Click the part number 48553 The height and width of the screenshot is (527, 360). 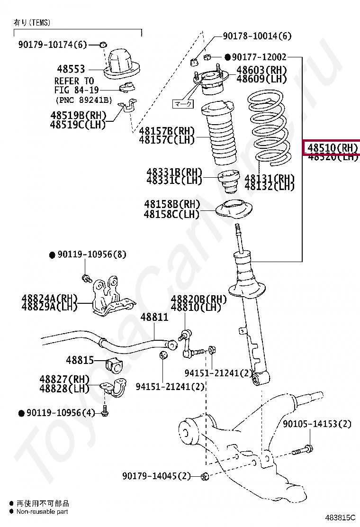pos(71,69)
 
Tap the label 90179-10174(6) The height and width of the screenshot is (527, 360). pos(53,45)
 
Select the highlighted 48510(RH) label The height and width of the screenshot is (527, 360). pos(332,147)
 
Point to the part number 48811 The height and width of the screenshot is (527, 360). pos(154,317)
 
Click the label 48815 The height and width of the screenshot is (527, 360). pos(80,360)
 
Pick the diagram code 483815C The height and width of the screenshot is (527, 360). pos(340,518)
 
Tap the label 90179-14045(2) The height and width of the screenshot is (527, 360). pos(156,475)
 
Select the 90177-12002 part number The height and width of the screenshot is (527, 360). pos(259,57)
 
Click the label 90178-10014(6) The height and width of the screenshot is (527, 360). pos(257,36)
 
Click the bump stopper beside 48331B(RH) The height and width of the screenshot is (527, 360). pos(227,182)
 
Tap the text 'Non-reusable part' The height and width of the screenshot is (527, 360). pos(42,511)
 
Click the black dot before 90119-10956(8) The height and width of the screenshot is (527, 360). pos(52,255)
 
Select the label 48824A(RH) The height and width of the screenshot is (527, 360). pos(49,298)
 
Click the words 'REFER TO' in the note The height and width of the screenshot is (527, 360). pos(74,81)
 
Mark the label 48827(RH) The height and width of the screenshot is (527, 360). pos(64,380)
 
